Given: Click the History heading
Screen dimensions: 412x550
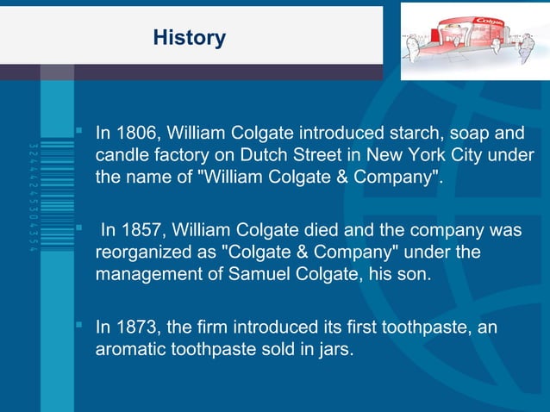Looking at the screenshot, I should tap(189, 38).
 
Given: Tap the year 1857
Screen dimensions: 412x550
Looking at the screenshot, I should tap(140, 231).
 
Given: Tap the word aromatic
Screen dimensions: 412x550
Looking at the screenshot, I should tap(129, 350).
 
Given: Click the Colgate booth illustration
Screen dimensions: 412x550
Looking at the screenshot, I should tap(474, 40).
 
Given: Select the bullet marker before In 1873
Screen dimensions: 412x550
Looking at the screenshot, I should tap(78, 326).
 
